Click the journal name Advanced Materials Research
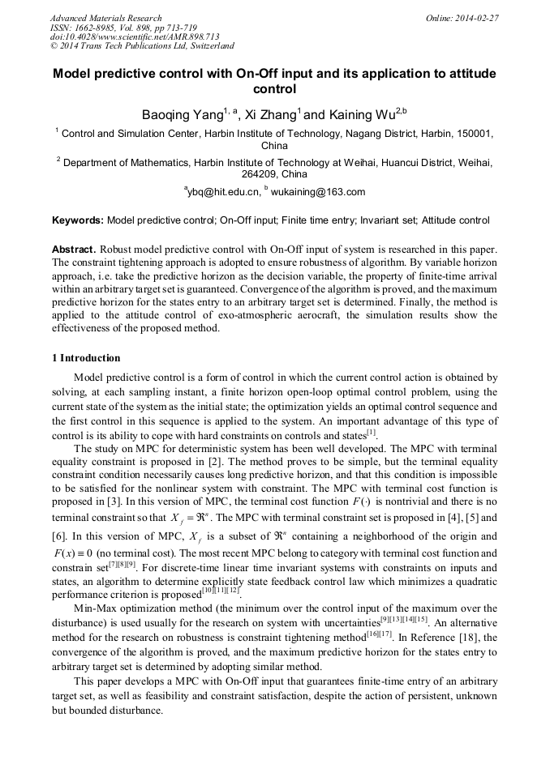coord(105,18)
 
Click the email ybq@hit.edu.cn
coord(225,192)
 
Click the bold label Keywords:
coord(78,220)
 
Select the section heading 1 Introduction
coord(86,358)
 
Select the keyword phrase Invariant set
coord(385,220)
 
